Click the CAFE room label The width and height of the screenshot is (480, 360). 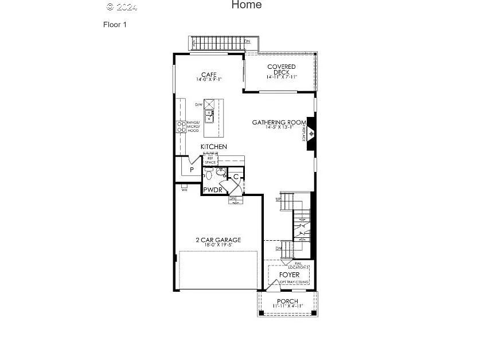pos(208,75)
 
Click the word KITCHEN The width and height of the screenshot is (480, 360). pos(213,147)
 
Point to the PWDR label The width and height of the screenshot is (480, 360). pos(212,190)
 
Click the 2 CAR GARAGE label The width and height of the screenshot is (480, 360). pos(218,240)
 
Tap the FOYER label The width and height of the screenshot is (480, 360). pos(289,275)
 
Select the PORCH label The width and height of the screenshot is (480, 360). pos(287,302)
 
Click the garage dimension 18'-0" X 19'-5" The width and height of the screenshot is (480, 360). pos(218,245)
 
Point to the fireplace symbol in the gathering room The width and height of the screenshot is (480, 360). pos(311,134)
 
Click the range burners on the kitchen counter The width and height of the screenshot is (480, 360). pos(181,127)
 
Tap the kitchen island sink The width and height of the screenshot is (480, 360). pos(210,116)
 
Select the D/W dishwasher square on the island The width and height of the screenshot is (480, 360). pos(209,104)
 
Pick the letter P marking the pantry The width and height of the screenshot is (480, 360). pos(192,170)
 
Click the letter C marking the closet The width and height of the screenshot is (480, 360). pos(236,177)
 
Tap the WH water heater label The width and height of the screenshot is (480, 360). pos(184,189)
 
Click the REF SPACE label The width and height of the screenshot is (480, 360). pos(210,161)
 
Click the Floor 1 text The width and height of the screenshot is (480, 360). pos(115,25)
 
